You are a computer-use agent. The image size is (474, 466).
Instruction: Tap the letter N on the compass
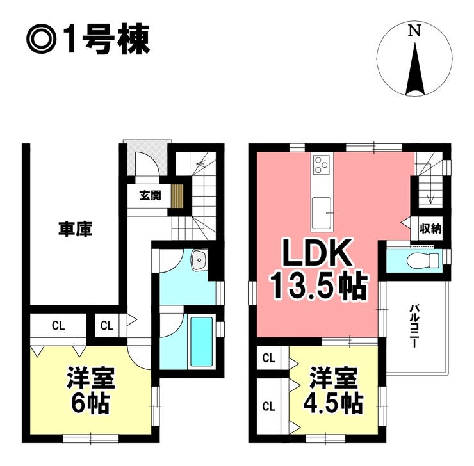click(x=415, y=30)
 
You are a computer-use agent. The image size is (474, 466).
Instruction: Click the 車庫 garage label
click(x=75, y=229)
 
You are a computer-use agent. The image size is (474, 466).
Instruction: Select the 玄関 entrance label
click(x=151, y=196)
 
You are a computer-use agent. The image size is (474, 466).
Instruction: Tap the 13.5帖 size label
click(x=318, y=286)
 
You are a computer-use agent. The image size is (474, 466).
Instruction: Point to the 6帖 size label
click(x=90, y=404)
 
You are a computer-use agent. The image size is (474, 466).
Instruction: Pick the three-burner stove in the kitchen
click(x=321, y=165)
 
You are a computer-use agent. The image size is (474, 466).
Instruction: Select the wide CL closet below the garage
click(x=58, y=325)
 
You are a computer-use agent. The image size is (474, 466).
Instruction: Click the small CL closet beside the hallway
click(x=106, y=325)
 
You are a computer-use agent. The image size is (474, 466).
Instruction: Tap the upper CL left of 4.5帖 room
click(x=269, y=358)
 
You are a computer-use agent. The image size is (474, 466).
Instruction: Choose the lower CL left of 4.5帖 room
click(x=269, y=406)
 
